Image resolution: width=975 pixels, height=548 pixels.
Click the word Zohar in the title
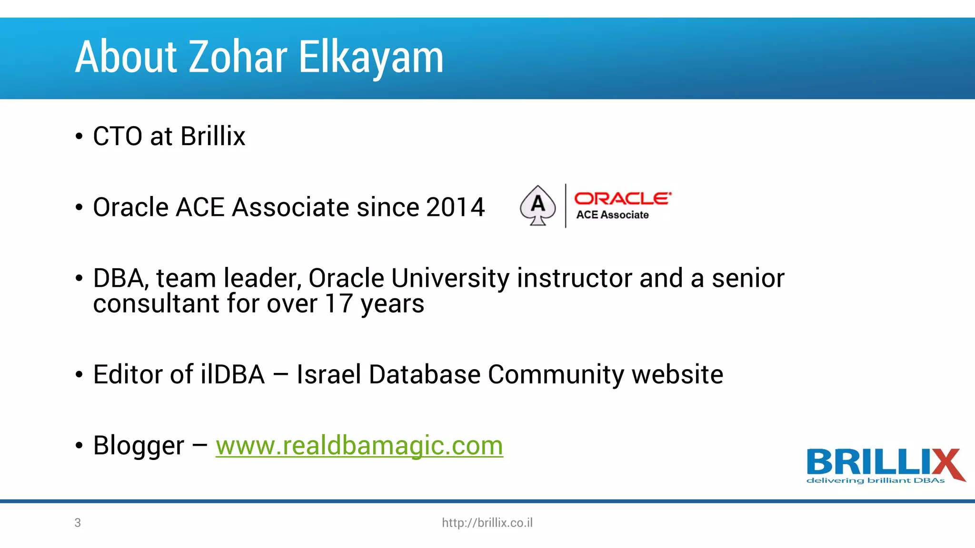pyautogui.click(x=238, y=57)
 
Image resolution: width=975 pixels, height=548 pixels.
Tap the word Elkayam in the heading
pyautogui.click(x=371, y=58)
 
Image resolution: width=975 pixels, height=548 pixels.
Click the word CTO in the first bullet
pyautogui.click(x=118, y=137)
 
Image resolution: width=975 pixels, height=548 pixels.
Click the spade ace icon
pyautogui.click(x=537, y=205)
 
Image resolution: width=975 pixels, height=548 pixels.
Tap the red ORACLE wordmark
pyautogui.click(x=622, y=198)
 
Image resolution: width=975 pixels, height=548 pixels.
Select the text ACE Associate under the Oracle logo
pyautogui.click(x=612, y=215)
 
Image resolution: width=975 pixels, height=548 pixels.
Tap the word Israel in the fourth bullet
pyautogui.click(x=328, y=374)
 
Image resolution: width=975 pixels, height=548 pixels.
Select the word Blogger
pyautogui.click(x=139, y=446)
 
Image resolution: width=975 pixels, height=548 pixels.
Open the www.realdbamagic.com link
pyautogui.click(x=359, y=446)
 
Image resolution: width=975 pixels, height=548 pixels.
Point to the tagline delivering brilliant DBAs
pyautogui.click(x=875, y=480)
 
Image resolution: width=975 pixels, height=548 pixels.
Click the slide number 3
pyautogui.click(x=78, y=523)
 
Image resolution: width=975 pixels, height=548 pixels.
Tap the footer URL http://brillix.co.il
pyautogui.click(x=487, y=523)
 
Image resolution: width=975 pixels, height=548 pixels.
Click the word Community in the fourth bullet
pyautogui.click(x=556, y=374)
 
